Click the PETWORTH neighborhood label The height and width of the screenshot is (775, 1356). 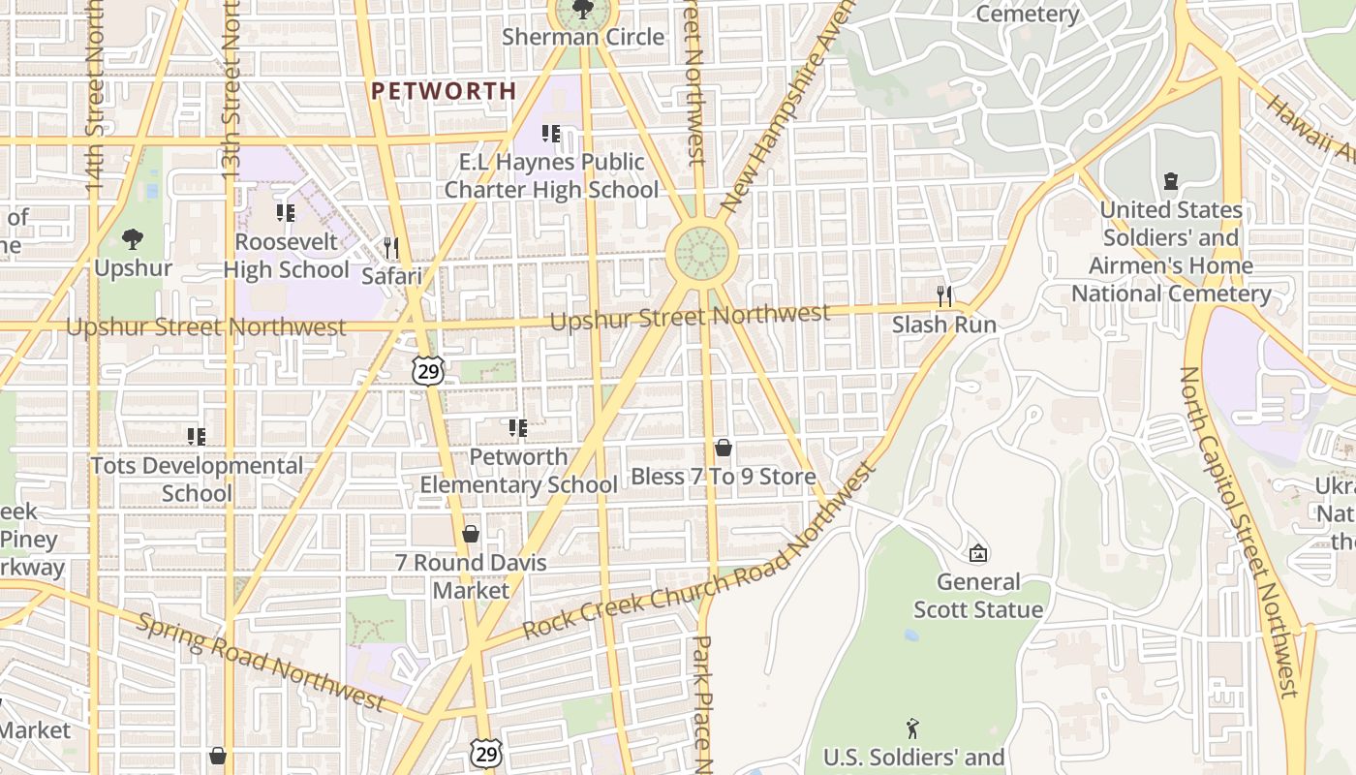click(444, 91)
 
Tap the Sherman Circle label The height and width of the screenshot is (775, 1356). click(583, 38)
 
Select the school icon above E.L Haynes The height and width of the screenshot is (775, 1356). click(551, 133)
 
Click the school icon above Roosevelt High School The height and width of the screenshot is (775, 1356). click(285, 212)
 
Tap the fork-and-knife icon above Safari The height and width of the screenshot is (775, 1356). click(391, 247)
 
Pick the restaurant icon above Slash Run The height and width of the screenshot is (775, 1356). click(944, 295)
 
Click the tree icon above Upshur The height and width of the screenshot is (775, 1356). click(133, 238)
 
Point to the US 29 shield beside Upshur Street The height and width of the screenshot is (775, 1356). click(427, 369)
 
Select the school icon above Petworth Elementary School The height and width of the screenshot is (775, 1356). click(518, 427)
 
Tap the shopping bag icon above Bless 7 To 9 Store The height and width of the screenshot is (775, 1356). click(723, 448)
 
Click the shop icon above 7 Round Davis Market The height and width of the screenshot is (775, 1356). click(471, 534)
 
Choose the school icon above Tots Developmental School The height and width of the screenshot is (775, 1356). click(197, 437)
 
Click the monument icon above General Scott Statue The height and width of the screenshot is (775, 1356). click(978, 553)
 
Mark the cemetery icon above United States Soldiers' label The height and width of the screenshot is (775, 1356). click(1171, 181)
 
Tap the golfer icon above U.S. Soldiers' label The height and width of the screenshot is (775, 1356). click(912, 728)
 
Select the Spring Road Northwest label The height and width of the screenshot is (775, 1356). click(261, 660)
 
